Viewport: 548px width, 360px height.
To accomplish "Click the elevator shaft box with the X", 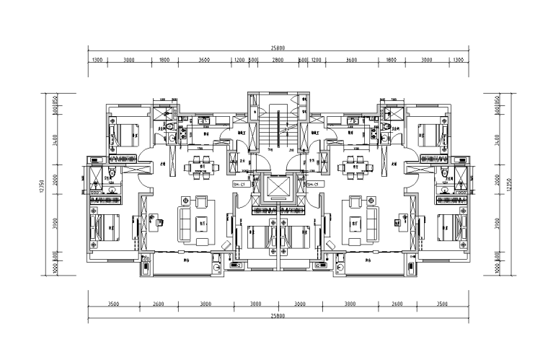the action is pos(278,188).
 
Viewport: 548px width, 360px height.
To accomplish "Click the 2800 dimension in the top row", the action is pos(278,61).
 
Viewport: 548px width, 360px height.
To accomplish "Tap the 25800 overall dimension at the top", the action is pos(278,48).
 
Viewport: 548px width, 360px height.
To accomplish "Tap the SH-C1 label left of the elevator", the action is pos(239,185).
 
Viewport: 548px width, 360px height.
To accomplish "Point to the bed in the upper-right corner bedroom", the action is pos(431,134).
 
